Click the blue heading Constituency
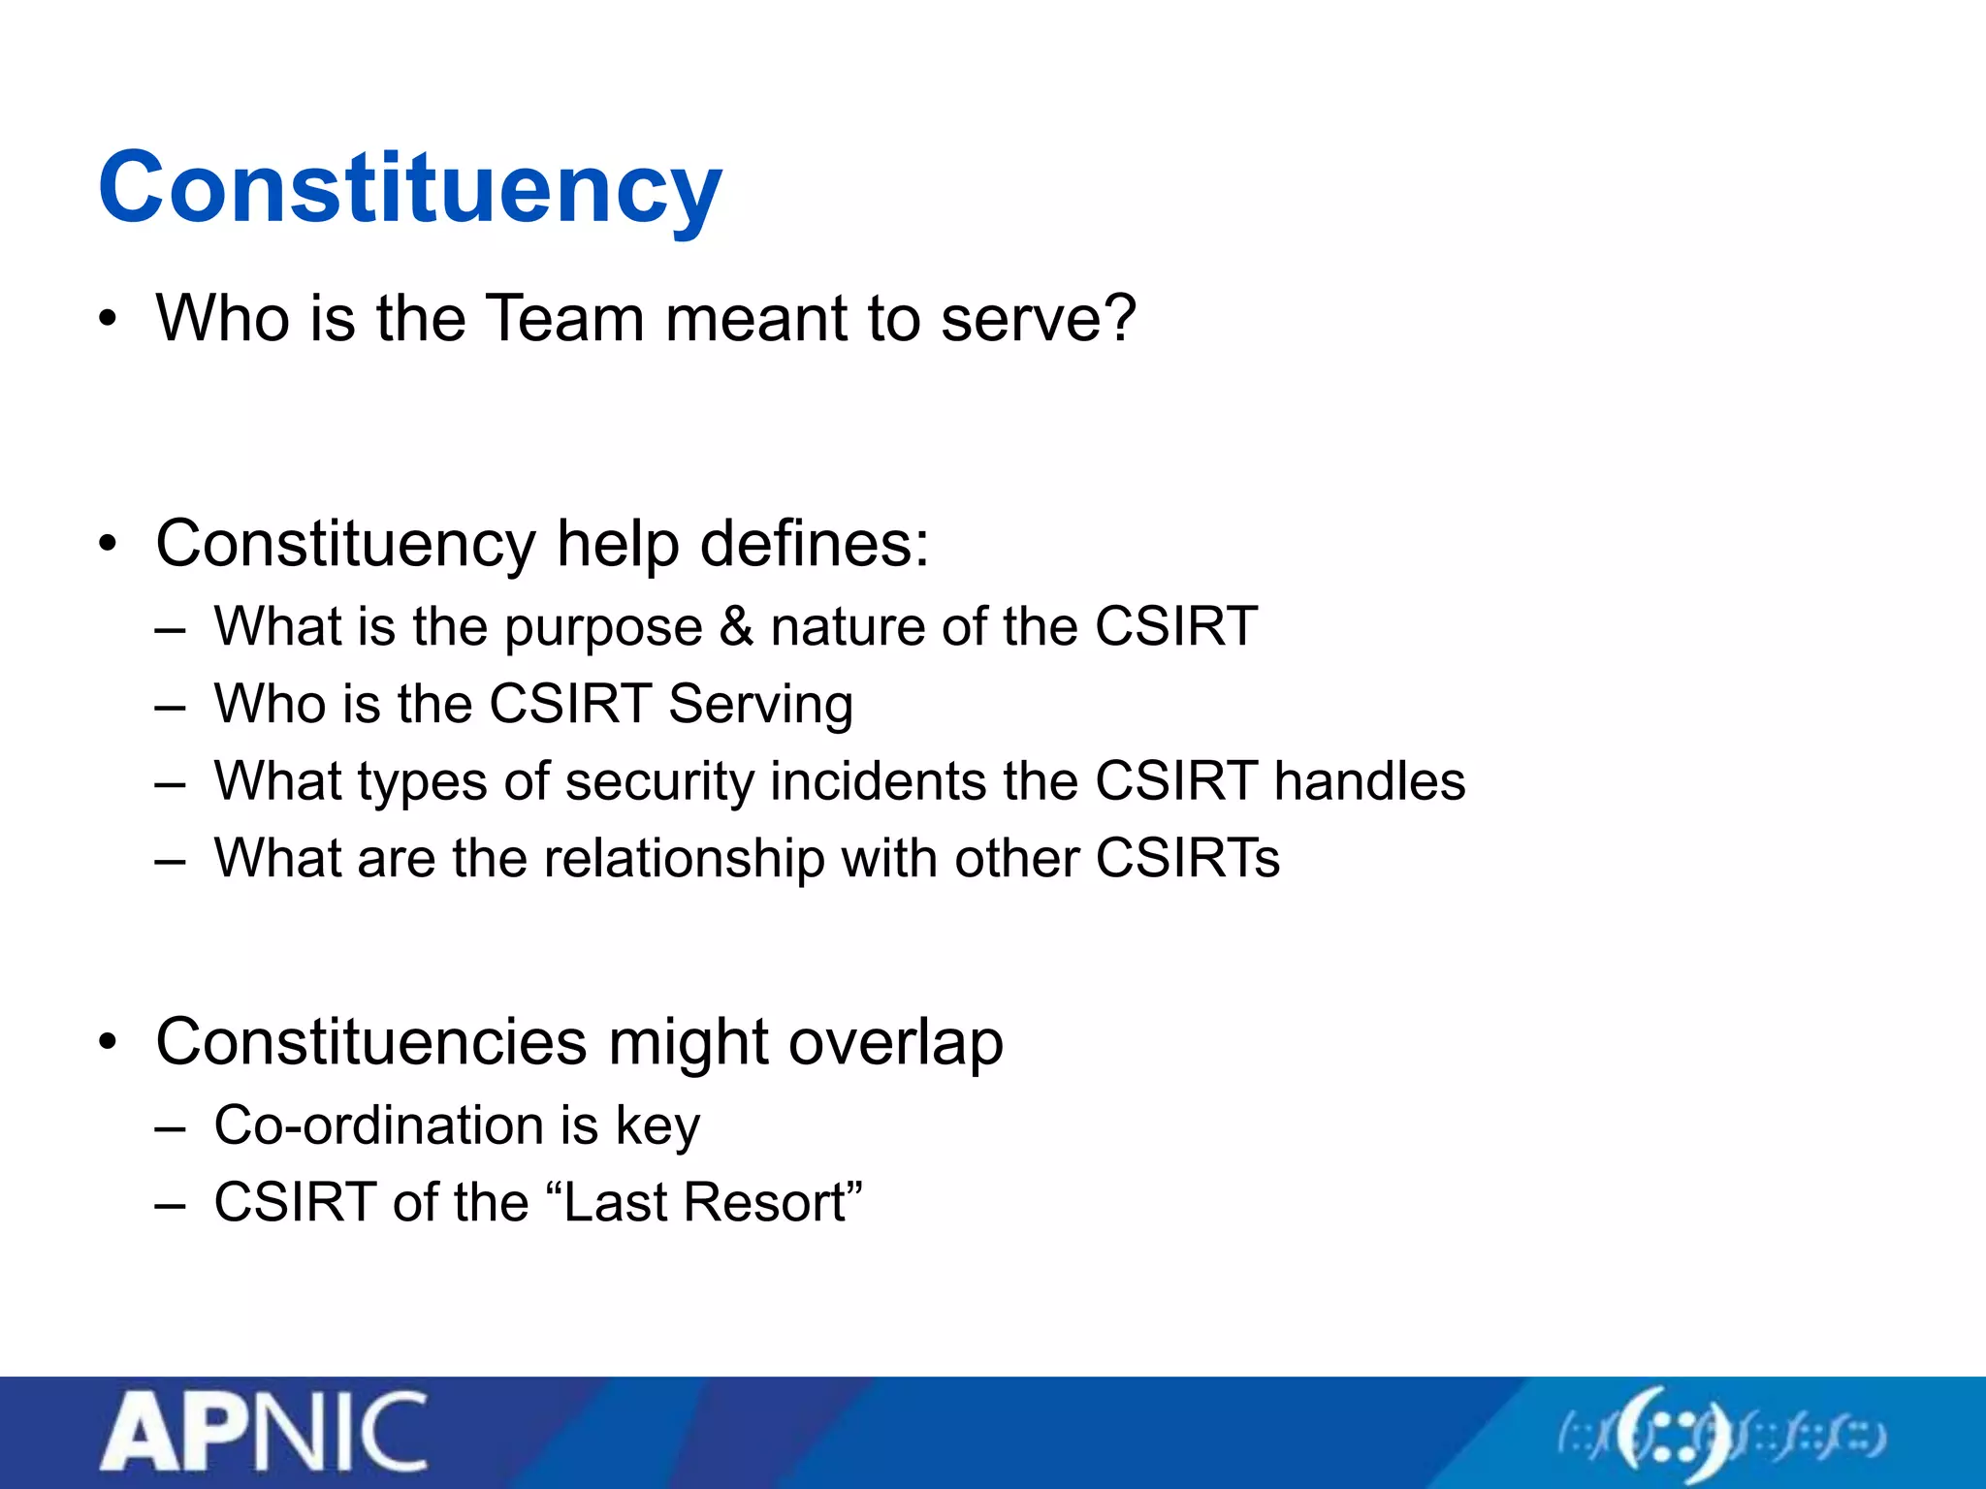[409, 188]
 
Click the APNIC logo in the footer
[264, 1434]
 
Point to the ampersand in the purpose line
[736, 626]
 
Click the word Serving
[760, 705]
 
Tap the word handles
[1369, 781]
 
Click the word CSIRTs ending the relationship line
[1187, 859]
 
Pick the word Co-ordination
[378, 1125]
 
